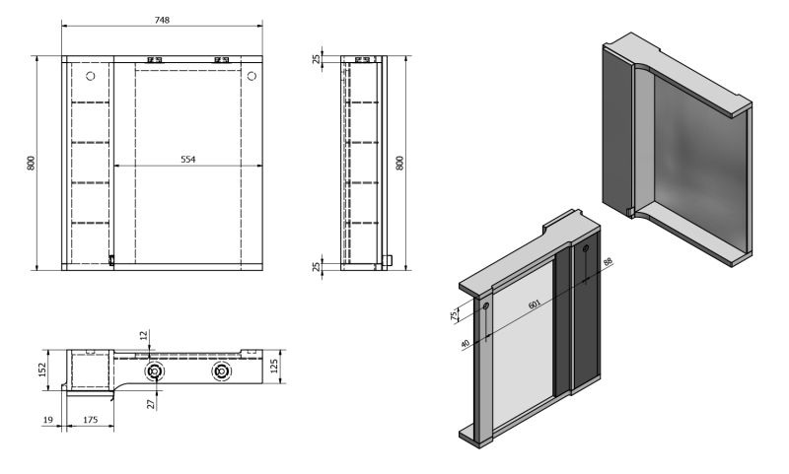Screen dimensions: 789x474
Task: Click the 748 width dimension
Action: pos(162,20)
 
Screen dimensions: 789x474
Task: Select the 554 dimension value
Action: pos(187,160)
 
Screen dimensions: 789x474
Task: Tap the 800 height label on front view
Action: pos(32,163)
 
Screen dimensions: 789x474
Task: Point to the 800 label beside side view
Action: pos(400,163)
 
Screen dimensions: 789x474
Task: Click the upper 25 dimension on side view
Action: pos(317,59)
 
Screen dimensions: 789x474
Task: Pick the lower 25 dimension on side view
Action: pos(317,266)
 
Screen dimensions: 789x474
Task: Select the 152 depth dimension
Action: pos(42,370)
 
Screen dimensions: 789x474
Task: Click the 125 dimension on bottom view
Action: pos(274,366)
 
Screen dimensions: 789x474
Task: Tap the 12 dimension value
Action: pos(144,335)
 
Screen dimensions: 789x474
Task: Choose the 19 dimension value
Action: pos(47,420)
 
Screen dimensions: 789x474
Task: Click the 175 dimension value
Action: pos(91,420)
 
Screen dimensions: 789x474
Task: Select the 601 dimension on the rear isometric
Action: pos(535,305)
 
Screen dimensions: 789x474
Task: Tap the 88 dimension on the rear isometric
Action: pos(608,262)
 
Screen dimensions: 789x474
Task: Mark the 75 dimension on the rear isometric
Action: pos(454,315)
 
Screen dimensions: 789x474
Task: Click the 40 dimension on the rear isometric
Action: pos(465,344)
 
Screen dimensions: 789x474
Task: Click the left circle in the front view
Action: pos(91,77)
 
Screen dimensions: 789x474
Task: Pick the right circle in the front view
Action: pos(252,77)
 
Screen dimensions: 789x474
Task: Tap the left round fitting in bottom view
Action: pos(155,372)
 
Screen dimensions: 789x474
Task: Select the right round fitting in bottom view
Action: pos(220,372)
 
